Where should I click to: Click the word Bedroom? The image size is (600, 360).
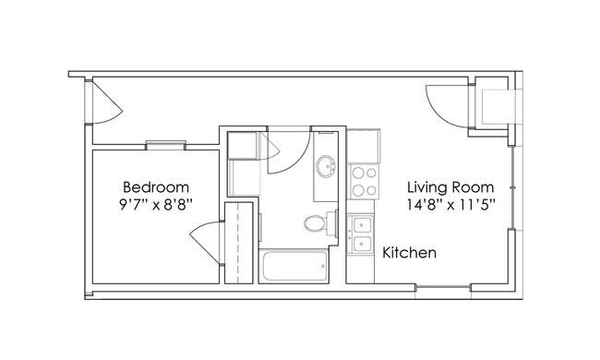(x=156, y=187)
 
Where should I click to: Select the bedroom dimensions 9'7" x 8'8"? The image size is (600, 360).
(x=155, y=205)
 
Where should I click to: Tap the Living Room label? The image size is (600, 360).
(x=450, y=187)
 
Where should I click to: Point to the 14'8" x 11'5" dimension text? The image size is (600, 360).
(x=450, y=205)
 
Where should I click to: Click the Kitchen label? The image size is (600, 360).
(x=410, y=253)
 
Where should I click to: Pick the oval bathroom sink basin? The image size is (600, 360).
(x=326, y=166)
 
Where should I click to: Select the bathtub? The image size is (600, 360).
(x=294, y=266)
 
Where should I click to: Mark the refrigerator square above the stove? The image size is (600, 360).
(x=364, y=146)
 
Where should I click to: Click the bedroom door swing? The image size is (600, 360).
(x=206, y=243)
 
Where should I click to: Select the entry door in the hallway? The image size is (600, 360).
(x=106, y=102)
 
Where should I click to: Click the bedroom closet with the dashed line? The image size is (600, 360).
(x=238, y=243)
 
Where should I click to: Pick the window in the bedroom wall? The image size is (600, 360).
(x=165, y=145)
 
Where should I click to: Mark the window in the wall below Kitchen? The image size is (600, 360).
(x=443, y=287)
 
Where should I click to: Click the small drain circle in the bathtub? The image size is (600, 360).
(x=323, y=266)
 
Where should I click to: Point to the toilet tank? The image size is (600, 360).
(x=331, y=222)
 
